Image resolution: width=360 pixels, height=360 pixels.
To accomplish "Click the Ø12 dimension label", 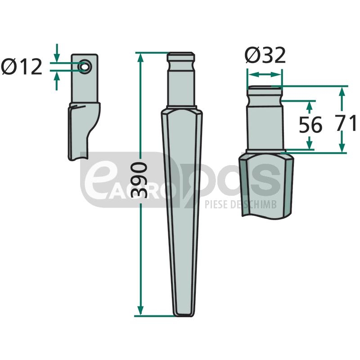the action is [x=22, y=67].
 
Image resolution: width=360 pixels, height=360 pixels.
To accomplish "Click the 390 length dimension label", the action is [x=139, y=180].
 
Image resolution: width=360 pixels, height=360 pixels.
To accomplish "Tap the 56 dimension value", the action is [x=310, y=125].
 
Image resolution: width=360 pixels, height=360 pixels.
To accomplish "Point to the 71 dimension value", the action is [x=345, y=123].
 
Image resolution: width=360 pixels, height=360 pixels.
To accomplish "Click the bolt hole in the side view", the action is [x=85, y=67].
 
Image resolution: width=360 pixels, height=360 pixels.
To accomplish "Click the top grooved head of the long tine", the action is [x=181, y=60].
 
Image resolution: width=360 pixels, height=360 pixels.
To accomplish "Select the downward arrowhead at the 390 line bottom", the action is [x=140, y=310].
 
